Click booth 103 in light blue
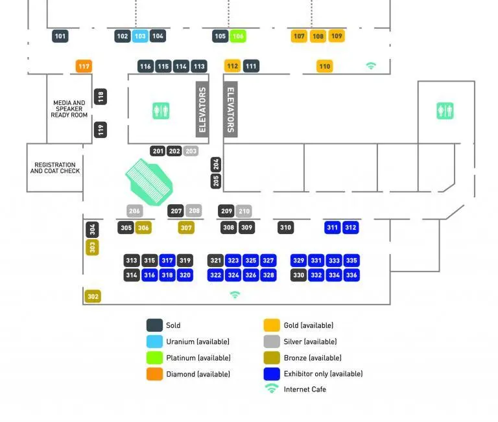(140, 36)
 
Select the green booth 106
(238, 36)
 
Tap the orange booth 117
(84, 66)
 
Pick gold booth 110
(325, 66)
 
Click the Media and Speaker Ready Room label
(69, 109)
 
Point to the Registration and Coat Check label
(55, 168)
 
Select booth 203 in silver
(191, 151)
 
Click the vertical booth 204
(216, 165)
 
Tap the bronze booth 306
(143, 228)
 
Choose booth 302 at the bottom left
(93, 296)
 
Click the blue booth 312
(350, 228)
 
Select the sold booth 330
(298, 275)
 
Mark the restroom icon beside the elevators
(161, 111)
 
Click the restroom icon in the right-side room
(445, 111)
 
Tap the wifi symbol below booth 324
(235, 295)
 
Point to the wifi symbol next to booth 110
(371, 65)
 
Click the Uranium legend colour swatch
(154, 342)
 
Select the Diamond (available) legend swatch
(154, 374)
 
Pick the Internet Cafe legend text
(305, 390)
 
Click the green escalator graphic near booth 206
(149, 182)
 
